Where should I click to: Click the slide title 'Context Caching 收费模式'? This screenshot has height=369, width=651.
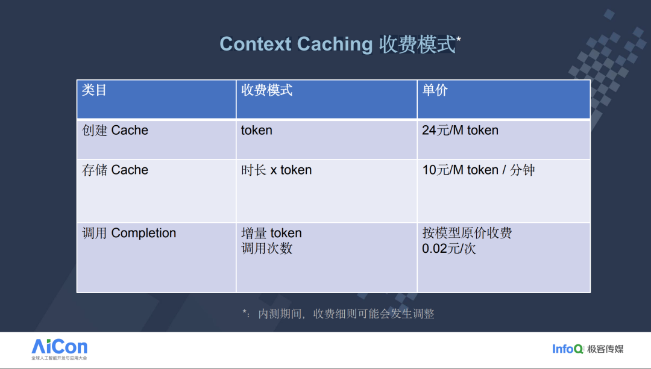(x=338, y=44)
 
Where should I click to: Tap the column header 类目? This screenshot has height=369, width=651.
(x=94, y=90)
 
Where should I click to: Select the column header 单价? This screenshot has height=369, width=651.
(x=435, y=90)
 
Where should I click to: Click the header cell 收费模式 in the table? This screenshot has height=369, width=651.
(x=267, y=90)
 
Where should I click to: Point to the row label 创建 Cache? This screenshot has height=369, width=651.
(x=115, y=130)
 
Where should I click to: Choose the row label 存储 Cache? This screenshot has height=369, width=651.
(x=115, y=170)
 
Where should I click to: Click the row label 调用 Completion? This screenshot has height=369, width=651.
(x=129, y=233)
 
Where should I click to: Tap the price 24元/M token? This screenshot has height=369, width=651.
(x=460, y=130)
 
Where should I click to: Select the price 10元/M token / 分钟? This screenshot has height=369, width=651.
(x=478, y=170)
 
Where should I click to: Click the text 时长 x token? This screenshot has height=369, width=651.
(x=277, y=170)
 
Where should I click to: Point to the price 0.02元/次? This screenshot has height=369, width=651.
(x=449, y=249)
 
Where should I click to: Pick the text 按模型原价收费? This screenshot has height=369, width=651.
(x=467, y=233)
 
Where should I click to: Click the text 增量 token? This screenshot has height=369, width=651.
(x=271, y=233)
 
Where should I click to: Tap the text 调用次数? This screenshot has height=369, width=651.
(x=267, y=249)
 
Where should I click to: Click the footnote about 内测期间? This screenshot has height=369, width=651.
(x=338, y=314)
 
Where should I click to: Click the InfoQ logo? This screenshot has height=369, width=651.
(x=568, y=349)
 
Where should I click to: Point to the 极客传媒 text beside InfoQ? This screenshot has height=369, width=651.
(x=605, y=349)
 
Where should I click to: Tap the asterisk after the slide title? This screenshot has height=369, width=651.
(x=458, y=39)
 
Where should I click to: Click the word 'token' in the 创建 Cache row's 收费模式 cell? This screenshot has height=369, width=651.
(x=257, y=130)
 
